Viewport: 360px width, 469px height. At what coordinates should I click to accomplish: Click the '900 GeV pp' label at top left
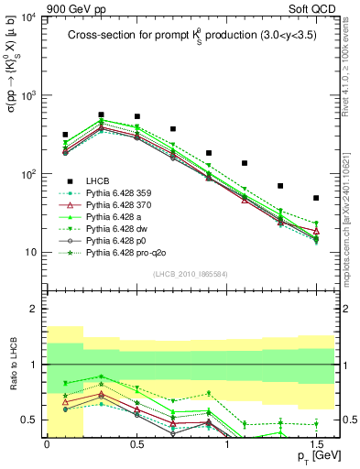coord(37,7)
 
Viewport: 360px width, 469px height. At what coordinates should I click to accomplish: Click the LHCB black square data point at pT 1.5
coord(316,198)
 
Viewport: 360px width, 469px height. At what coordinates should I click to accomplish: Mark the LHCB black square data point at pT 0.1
coord(65,135)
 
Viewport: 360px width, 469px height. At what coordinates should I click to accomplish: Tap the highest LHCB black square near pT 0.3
coord(101,115)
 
